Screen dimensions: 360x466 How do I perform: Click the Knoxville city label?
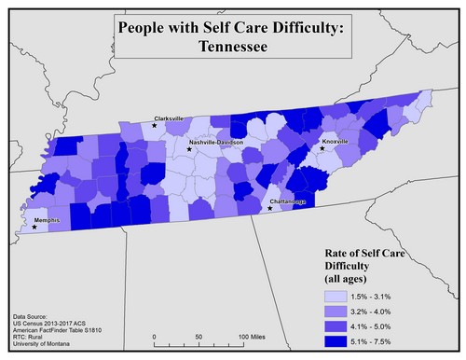tap(335, 142)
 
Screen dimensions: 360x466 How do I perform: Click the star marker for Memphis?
tap(35, 227)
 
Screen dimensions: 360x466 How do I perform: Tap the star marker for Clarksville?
tap(155, 125)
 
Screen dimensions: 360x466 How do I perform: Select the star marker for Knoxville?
tap(322, 148)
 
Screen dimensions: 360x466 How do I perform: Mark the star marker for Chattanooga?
tap(270, 209)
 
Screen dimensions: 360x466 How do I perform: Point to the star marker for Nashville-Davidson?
tap(189, 149)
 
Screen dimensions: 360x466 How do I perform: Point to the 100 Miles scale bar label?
tap(247, 336)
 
